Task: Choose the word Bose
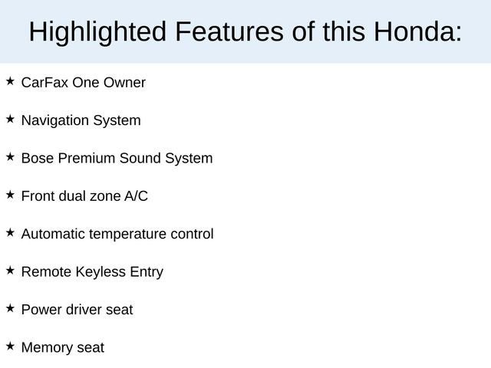tap(37, 158)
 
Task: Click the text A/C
tap(136, 196)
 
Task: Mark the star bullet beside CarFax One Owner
tap(10, 80)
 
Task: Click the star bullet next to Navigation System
tap(10, 119)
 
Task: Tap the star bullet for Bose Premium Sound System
tap(10, 156)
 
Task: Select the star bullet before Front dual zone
tap(10, 195)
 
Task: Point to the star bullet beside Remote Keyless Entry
tap(10, 270)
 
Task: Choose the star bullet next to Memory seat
tap(10, 346)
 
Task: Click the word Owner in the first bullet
tap(125, 82)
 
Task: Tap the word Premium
tap(83, 158)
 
